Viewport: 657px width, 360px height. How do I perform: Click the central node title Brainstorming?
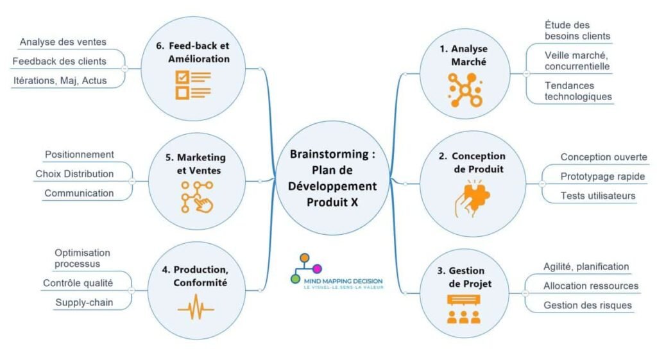coord(332,155)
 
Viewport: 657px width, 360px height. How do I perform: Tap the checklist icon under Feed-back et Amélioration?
coord(192,85)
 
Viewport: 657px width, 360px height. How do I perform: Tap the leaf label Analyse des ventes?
coord(63,42)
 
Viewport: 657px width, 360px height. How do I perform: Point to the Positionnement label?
coord(80,155)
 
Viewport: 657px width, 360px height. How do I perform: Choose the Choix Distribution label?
coord(74,174)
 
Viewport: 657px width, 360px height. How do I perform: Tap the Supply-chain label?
coord(84,302)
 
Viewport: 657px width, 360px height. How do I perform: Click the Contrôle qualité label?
coord(78,283)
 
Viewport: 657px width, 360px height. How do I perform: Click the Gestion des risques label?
coord(587,305)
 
